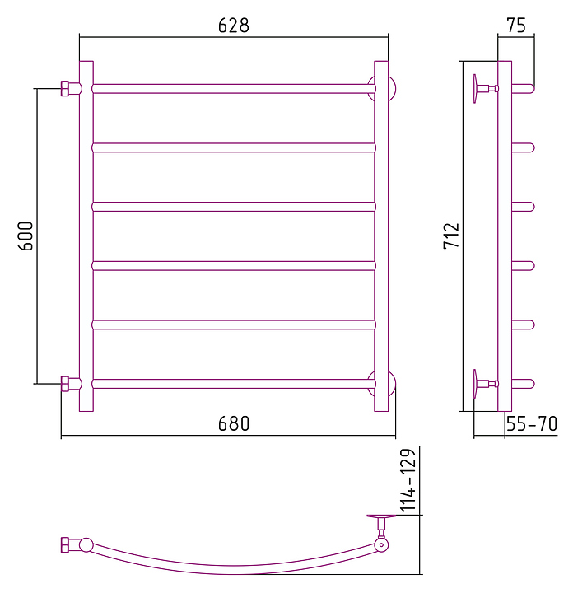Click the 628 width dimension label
234,26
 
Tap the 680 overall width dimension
234,423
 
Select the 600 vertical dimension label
26,236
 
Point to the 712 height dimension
451,236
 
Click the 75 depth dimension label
516,26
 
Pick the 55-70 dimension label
531,423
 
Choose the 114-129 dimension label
408,480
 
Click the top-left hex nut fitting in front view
65,88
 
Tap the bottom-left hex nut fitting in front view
65,384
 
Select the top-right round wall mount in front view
392,88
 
